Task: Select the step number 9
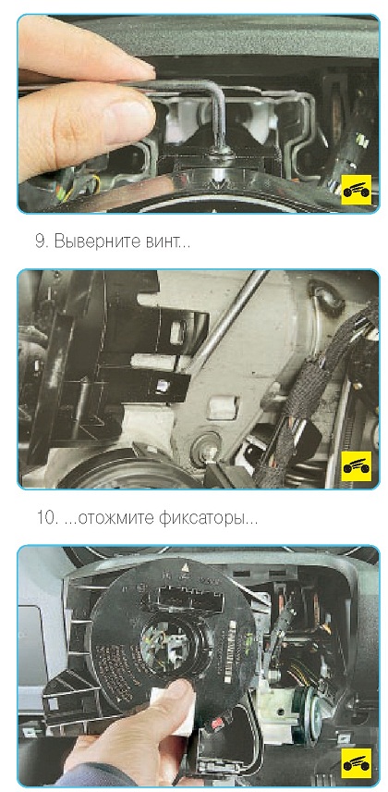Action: pyautogui.click(x=42, y=241)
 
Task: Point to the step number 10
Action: pyautogui.click(x=47, y=518)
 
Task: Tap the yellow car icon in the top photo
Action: pyautogui.click(x=357, y=190)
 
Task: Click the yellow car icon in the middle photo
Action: pyautogui.click(x=357, y=466)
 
